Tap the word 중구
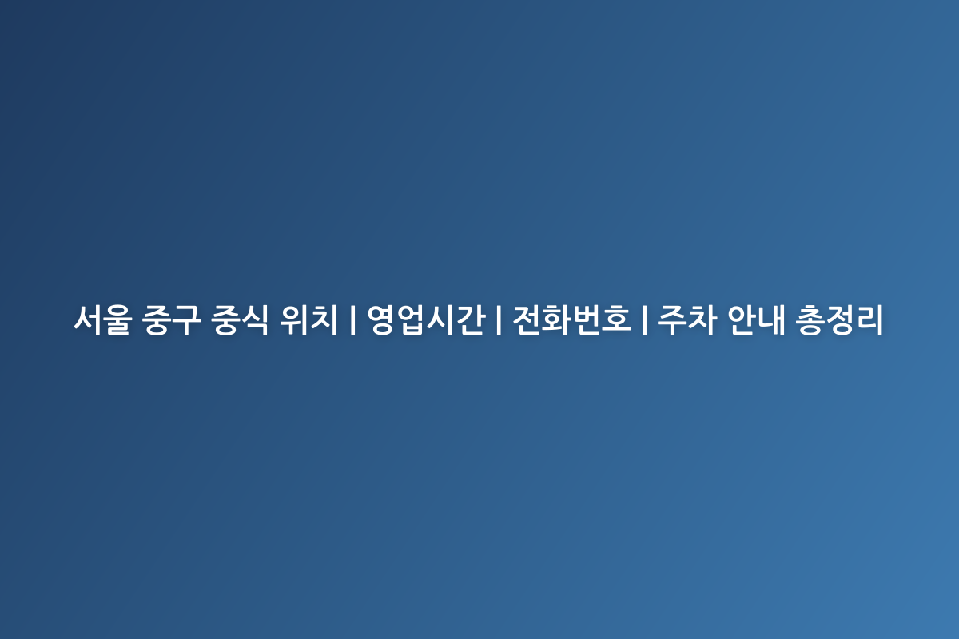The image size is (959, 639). pyautogui.click(x=173, y=320)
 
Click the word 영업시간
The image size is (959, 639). pyautogui.click(x=425, y=320)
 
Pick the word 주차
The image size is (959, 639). pyautogui.click(x=686, y=320)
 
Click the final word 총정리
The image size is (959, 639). pyautogui.click(x=840, y=320)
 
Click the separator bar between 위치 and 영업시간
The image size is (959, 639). pyautogui.click(x=352, y=320)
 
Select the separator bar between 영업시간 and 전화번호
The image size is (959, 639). pyautogui.click(x=498, y=320)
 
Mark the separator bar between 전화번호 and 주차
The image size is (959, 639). pyautogui.click(x=643, y=320)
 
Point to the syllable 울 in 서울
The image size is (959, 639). pyautogui.click(x=115, y=320)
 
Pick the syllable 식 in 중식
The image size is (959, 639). pyautogui.click(x=257, y=320)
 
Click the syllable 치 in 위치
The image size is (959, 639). pyautogui.click(x=325, y=320)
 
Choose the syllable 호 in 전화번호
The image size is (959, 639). pyautogui.click(x=615, y=320)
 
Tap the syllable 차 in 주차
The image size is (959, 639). pyautogui.click(x=700, y=320)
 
